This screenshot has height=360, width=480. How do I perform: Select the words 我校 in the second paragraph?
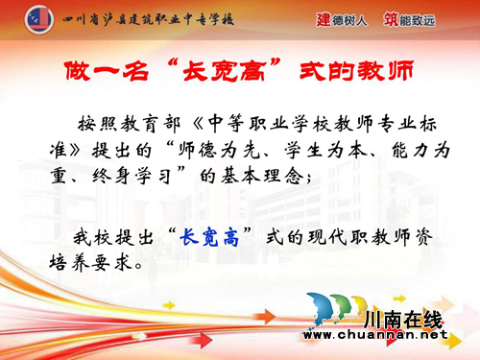[97, 235]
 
